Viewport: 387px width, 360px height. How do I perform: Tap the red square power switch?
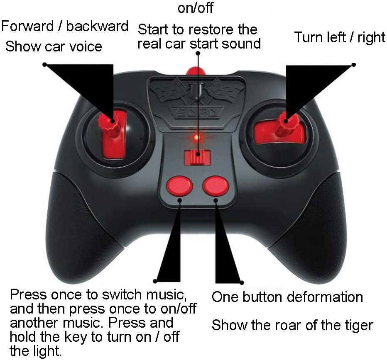click(198, 157)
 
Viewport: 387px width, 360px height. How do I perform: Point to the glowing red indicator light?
click(196, 137)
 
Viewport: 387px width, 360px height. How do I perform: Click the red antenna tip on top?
click(196, 71)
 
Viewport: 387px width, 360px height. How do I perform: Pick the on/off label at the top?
click(196, 8)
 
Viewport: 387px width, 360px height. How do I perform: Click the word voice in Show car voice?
click(86, 46)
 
